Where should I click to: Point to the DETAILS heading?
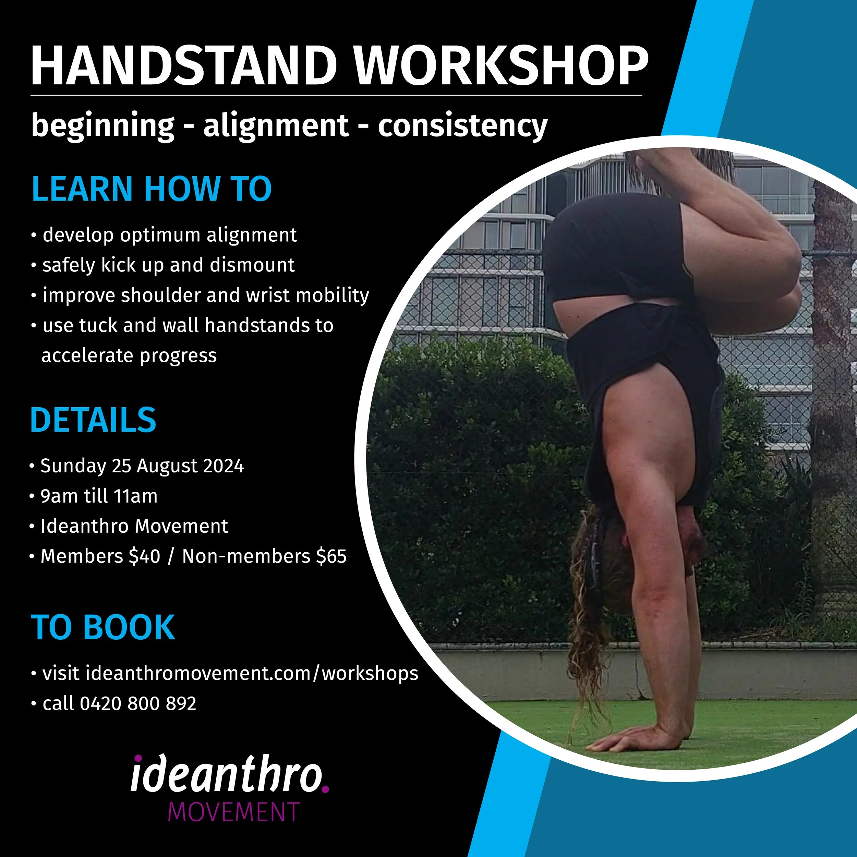93,420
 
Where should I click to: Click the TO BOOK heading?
103,627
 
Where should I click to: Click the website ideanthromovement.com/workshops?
252,673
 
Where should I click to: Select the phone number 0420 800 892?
138,703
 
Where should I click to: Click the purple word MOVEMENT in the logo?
234,811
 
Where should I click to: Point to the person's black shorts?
617,249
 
